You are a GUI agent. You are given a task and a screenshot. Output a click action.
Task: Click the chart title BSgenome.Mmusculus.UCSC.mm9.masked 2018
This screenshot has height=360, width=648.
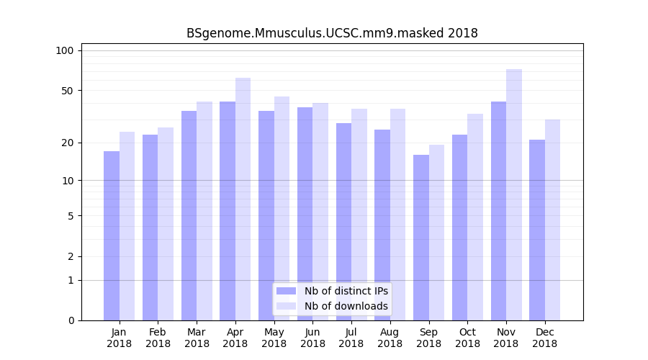tap(332, 33)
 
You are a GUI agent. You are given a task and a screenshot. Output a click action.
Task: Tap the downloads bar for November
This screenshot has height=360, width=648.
tap(514, 194)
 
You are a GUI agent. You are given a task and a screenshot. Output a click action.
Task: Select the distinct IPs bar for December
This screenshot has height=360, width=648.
tap(537, 230)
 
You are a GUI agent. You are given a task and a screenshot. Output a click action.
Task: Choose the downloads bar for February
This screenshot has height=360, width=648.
tap(166, 224)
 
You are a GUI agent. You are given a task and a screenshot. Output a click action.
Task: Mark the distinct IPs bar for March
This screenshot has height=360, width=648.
tap(189, 215)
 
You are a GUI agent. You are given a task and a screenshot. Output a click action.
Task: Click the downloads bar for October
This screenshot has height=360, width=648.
tap(475, 217)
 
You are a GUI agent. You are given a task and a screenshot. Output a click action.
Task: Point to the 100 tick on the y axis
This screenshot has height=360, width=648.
tap(65, 50)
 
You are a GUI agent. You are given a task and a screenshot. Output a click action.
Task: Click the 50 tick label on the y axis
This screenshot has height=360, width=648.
tap(68, 91)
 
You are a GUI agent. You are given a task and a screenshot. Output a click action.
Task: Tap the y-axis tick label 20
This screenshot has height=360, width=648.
tap(68, 143)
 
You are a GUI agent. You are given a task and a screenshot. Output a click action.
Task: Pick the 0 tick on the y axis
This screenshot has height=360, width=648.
tap(71, 320)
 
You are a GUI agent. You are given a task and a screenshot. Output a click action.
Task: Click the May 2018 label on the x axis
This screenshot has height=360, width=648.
tap(274, 338)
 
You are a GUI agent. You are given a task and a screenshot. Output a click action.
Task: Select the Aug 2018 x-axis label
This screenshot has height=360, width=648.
tap(390, 338)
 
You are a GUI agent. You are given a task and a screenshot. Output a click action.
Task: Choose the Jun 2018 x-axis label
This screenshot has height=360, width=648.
tap(312, 338)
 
